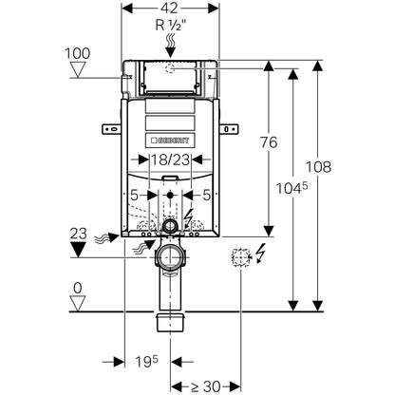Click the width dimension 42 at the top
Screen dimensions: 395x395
(x=171, y=9)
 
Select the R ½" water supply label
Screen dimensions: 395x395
(x=171, y=26)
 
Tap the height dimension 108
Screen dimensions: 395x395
(x=318, y=167)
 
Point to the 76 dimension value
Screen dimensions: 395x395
(x=269, y=142)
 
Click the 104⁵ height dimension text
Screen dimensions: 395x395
(x=292, y=189)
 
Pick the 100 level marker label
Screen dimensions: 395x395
(x=78, y=53)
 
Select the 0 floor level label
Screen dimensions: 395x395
(x=78, y=288)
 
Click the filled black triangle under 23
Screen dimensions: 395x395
(x=78, y=250)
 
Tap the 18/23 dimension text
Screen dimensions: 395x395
(x=170, y=160)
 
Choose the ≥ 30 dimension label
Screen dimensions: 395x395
(x=206, y=386)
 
